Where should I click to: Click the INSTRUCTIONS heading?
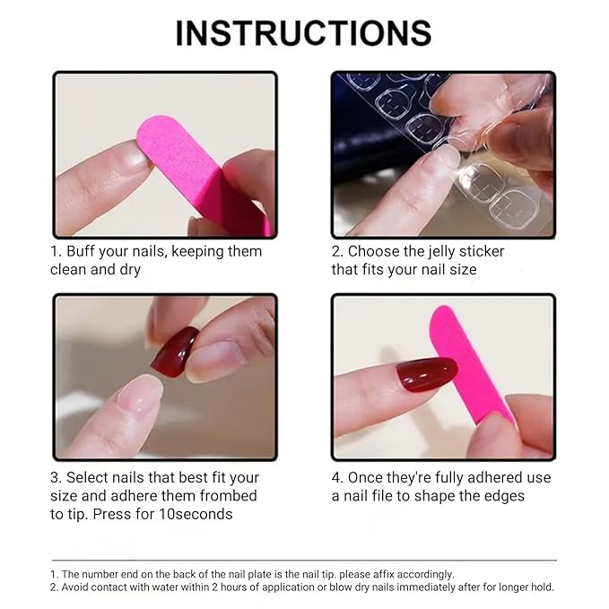click(303, 32)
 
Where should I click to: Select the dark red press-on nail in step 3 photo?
click(175, 352)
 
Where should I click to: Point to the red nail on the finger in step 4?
click(428, 374)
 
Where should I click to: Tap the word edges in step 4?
click(524, 496)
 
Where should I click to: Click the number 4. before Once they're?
click(337, 478)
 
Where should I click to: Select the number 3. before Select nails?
click(56, 478)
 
